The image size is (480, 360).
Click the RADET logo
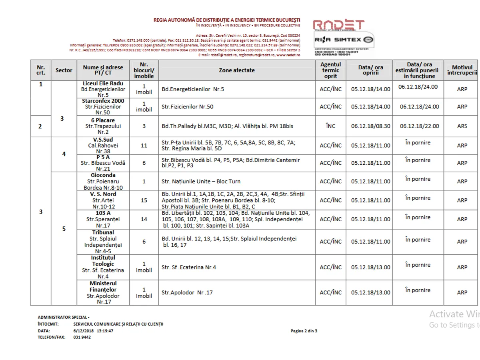(338, 25)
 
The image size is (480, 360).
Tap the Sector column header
(64, 70)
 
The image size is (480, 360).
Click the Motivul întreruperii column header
(462, 70)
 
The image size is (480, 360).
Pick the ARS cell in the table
(462, 126)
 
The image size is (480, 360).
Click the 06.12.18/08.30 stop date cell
(370, 126)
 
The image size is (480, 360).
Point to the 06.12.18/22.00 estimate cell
(419, 126)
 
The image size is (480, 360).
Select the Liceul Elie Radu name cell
(103, 89)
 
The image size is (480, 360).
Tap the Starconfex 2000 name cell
(103, 107)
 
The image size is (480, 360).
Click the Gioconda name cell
(103, 181)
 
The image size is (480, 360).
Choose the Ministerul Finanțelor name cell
(103, 292)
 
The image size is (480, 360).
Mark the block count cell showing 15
(144, 200)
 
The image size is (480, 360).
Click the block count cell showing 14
(144, 219)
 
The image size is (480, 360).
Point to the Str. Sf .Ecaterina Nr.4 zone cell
(189, 267)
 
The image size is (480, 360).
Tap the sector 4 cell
(64, 154)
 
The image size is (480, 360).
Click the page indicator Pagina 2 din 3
(304, 331)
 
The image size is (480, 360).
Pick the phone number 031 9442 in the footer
(82, 337)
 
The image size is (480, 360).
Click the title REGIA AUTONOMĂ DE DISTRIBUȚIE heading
(227, 20)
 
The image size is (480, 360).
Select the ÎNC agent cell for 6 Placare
(331, 126)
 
